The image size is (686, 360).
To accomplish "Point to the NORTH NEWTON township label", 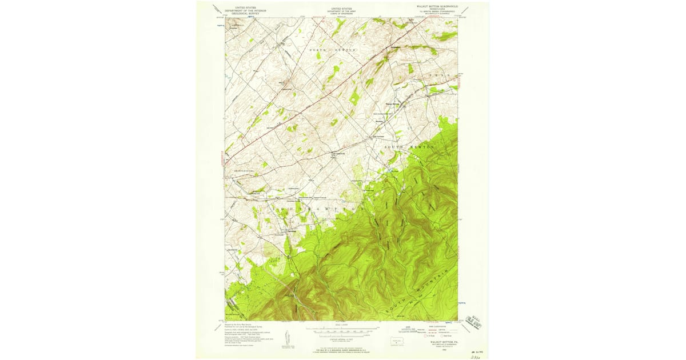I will pos(333,50).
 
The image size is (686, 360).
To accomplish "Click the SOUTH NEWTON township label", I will pos(409,147).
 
